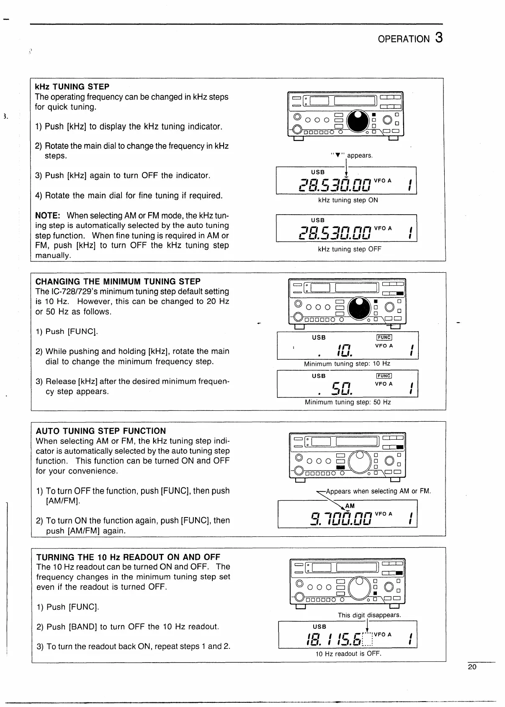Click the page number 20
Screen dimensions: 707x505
[472, 667]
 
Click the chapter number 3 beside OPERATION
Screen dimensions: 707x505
[438, 38]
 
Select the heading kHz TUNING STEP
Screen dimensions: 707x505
[72, 87]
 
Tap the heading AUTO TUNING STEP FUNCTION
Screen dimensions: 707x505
[101, 431]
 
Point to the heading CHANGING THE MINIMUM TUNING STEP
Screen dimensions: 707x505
[118, 282]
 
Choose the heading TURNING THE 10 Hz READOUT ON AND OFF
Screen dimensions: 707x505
[128, 557]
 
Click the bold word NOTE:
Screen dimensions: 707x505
[48, 215]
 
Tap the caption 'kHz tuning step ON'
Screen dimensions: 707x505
[348, 200]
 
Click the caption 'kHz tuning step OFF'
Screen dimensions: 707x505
[350, 249]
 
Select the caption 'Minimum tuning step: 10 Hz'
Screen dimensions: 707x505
[347, 364]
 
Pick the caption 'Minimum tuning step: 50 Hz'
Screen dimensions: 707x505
[348, 402]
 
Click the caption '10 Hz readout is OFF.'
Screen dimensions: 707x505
[348, 653]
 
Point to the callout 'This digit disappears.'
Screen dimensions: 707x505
[369, 615]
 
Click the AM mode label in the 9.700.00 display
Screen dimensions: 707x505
[350, 506]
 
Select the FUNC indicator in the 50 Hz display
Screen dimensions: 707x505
[384, 376]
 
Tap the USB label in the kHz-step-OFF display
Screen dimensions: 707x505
[318, 220]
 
